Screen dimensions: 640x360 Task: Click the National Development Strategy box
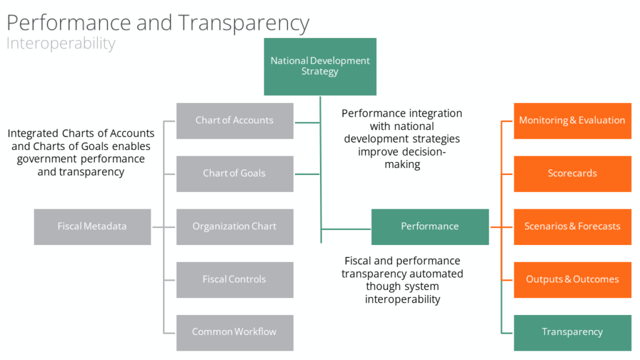pos(320,66)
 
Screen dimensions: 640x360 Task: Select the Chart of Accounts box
pos(235,121)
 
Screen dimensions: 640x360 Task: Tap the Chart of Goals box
pos(235,174)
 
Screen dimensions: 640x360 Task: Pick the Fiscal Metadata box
pos(92,227)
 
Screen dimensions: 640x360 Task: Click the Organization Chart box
pos(235,227)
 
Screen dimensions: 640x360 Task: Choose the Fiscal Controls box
pos(235,280)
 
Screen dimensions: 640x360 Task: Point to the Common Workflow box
pos(235,332)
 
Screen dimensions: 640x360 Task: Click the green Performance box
pos(430,227)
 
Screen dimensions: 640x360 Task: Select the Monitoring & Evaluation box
pos(572,121)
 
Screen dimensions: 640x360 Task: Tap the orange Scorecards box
pos(572,174)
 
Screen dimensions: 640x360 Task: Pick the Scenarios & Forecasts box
pos(572,227)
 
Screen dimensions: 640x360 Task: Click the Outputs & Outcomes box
pos(572,280)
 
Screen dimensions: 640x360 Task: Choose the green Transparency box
pos(572,332)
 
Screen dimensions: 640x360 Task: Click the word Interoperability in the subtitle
pos(61,44)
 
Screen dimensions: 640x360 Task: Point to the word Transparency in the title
pos(244,24)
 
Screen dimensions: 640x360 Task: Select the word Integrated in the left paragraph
pos(34,134)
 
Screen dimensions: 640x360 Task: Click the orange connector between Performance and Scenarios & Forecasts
pos(501,227)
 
